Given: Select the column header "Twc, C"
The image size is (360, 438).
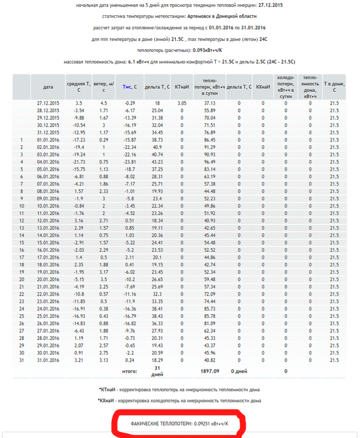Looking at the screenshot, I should tap(130, 86).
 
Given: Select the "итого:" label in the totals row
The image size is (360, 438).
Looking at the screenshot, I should tap(129, 370).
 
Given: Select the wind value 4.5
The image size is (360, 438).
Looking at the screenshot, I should tap(103, 103).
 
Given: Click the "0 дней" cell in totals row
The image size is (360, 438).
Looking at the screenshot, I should tap(240, 370).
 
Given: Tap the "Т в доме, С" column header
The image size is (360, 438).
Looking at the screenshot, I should tap(334, 86).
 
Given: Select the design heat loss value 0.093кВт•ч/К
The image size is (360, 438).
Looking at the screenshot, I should tap(196, 50).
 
